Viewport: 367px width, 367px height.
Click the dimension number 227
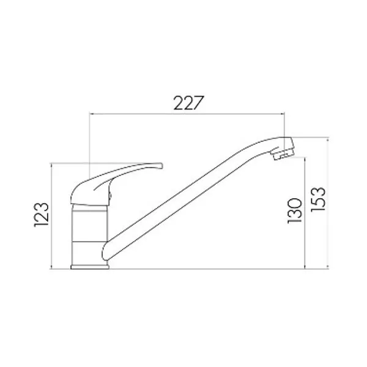187,103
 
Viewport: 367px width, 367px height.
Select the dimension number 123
42,215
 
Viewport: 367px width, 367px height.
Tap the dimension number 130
294,210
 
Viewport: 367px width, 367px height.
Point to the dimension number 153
318,199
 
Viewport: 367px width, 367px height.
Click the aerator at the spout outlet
282,155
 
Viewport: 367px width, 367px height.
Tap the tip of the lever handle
161,166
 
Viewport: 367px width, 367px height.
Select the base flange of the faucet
90,267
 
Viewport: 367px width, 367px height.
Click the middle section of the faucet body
89,226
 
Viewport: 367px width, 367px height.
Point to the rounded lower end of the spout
105,252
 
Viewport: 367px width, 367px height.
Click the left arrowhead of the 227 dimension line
91,114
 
